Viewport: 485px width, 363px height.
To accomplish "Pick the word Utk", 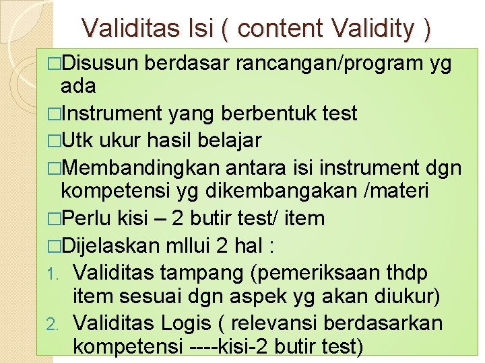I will (x=78, y=140).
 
